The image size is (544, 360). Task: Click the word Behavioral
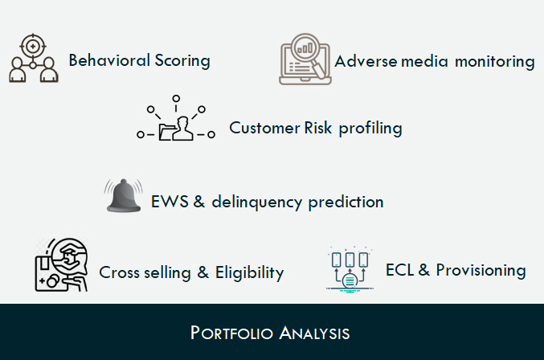coord(109,60)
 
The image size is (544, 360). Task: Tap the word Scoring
coord(182,61)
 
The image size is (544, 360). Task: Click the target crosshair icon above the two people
coord(33,46)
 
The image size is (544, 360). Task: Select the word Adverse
coord(366,61)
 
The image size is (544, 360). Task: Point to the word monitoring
coord(495,63)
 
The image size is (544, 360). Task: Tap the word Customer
coord(264,128)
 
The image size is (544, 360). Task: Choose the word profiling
coord(370,129)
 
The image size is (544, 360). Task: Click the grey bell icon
coord(124,195)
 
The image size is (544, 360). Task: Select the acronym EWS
coord(170,202)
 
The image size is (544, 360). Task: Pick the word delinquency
coord(257,202)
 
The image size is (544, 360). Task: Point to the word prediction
coord(346,202)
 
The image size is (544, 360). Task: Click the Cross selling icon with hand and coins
coord(61,265)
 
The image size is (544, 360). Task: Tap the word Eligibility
coord(249,273)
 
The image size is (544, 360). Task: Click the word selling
coord(167,273)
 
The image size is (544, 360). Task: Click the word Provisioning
coord(481,271)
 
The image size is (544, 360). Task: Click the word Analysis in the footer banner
coord(314,333)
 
